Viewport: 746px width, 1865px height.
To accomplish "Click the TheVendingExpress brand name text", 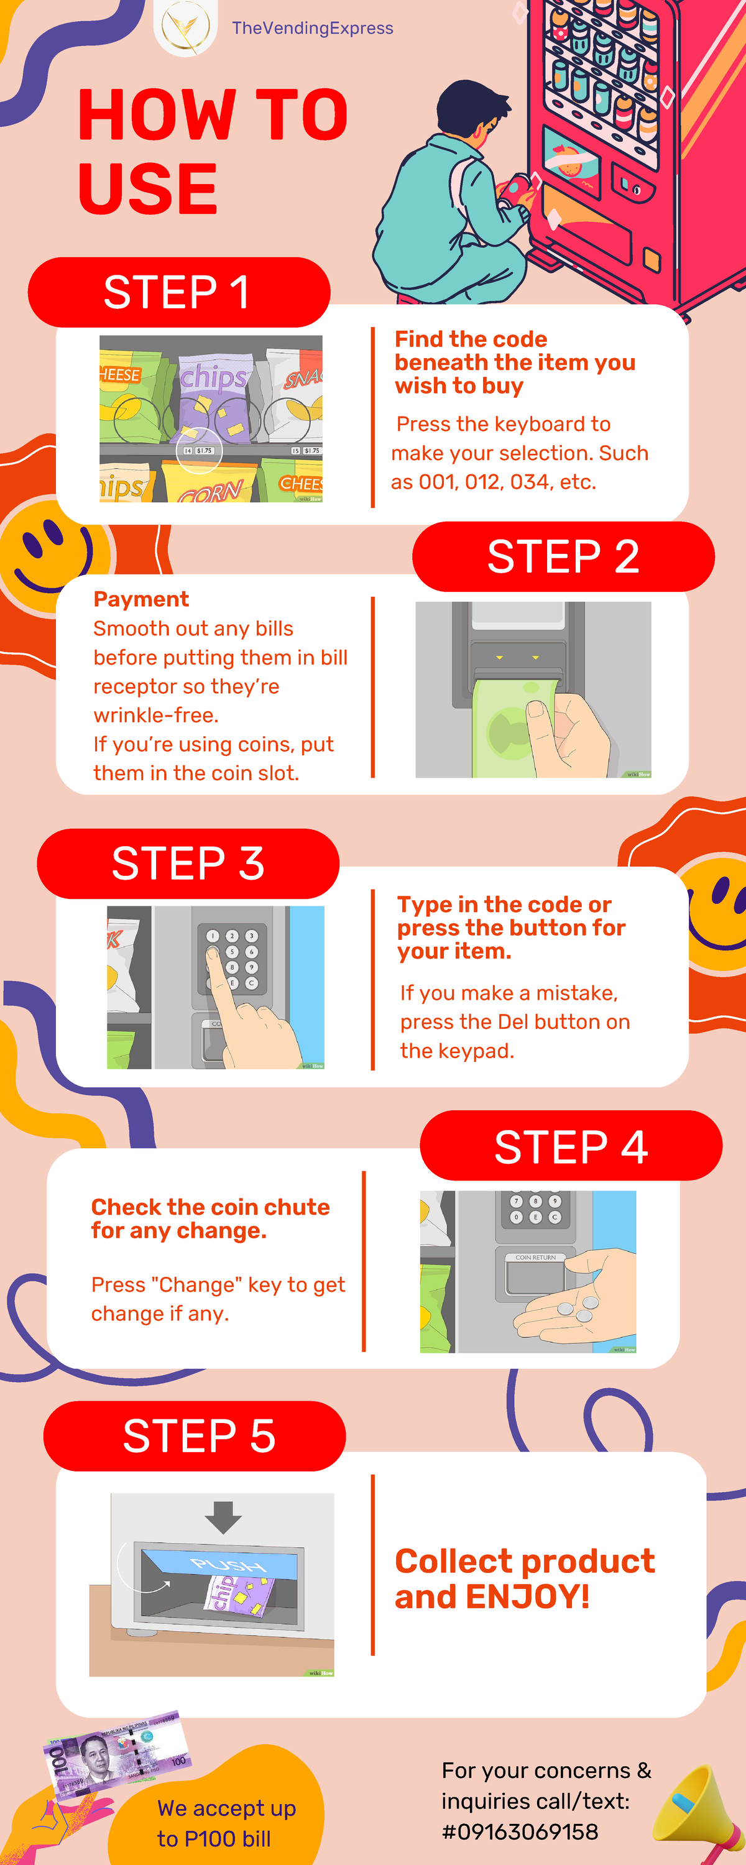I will [x=312, y=28].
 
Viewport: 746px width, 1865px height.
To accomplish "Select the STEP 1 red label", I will [x=178, y=292].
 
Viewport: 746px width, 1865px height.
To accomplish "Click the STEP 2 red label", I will [x=563, y=557].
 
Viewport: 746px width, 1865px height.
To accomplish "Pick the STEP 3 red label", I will [x=188, y=863].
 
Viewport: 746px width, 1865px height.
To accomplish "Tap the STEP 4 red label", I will [x=571, y=1147].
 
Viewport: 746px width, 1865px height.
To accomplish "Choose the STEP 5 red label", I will [x=198, y=1437].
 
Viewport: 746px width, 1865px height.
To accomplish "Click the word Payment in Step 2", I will [x=141, y=599].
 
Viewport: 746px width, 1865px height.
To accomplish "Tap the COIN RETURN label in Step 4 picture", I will [x=535, y=1258].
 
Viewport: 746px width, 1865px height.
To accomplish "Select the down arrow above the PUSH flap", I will [x=223, y=1517].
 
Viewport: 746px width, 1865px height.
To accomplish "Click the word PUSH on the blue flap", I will [x=228, y=1565].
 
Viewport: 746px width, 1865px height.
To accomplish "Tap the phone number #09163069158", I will [x=520, y=1831].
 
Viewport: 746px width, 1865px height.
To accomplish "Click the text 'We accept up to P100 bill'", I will [x=225, y=1823].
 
